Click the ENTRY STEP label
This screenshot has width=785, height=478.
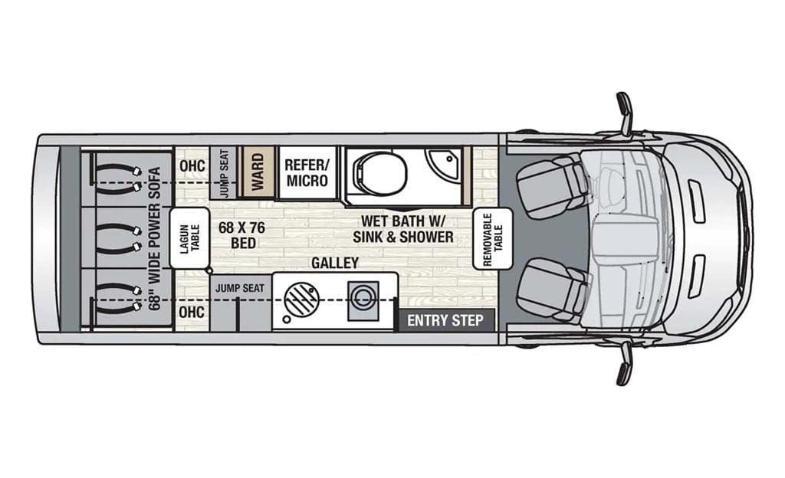445,320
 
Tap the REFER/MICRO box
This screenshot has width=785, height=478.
307,173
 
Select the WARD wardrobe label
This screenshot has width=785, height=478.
258,172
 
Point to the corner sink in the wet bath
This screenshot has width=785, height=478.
442,161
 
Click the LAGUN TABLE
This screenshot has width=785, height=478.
189,238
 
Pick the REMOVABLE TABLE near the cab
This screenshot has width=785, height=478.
493,239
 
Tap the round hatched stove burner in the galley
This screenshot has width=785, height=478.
301,299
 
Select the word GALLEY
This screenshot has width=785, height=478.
335,263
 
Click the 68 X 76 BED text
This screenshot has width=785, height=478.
241,235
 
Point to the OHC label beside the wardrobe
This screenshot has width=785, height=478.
192,165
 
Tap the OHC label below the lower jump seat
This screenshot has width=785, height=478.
192,312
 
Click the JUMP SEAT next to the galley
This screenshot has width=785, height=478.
240,289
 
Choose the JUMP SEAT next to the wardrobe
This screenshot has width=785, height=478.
224,173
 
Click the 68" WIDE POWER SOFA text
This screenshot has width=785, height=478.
155,238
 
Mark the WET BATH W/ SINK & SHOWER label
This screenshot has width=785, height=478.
403,228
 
